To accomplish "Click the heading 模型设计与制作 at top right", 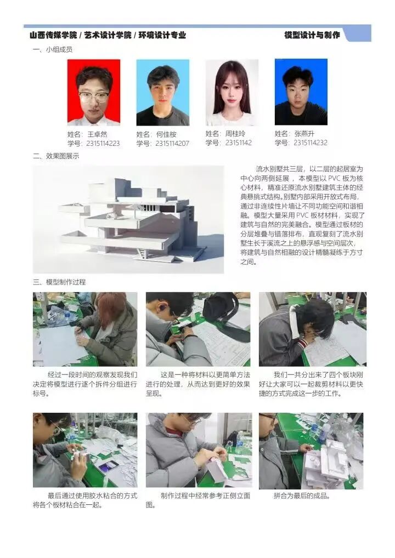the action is pyautogui.click(x=312, y=35).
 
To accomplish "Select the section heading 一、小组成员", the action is pyautogui.click(x=53, y=50).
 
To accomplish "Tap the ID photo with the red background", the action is pyautogui.click(x=94, y=92).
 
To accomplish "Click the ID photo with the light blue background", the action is pyautogui.click(x=163, y=92).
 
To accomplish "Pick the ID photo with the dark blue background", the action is pyautogui.click(x=301, y=92).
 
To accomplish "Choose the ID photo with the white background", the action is pyautogui.click(x=232, y=92).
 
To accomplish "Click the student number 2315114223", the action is pyautogui.click(x=103, y=144).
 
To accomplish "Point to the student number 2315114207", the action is pyautogui.click(x=172, y=144).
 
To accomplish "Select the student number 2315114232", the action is pyautogui.click(x=311, y=143).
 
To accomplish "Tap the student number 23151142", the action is pyautogui.click(x=239, y=143).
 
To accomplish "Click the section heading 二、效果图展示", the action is pyautogui.click(x=56, y=156).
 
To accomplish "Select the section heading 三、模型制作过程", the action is pyautogui.click(x=59, y=282).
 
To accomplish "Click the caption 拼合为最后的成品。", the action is pyautogui.click(x=302, y=496).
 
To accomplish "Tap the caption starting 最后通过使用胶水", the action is pyautogui.click(x=85, y=500).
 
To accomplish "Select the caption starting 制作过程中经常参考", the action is pyautogui.click(x=198, y=500).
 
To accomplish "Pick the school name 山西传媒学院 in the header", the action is pyautogui.click(x=54, y=35).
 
